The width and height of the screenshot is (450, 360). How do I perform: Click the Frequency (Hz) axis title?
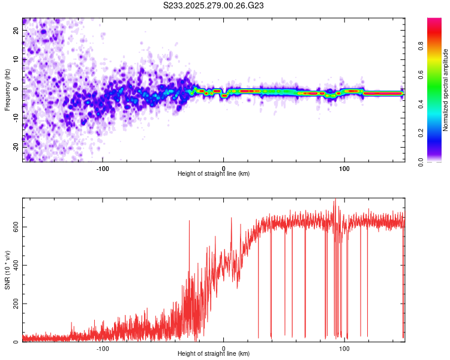(x=8, y=89)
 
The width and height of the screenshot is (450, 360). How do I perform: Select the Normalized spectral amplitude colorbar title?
(x=446, y=90)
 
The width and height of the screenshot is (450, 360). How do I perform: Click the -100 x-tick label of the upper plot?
(x=103, y=167)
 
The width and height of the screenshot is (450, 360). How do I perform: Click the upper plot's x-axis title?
(x=214, y=174)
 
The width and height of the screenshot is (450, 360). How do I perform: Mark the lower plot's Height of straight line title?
(x=214, y=354)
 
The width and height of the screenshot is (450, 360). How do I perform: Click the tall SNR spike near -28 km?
(x=190, y=221)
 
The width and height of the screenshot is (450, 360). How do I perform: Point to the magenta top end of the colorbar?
(x=434, y=20)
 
